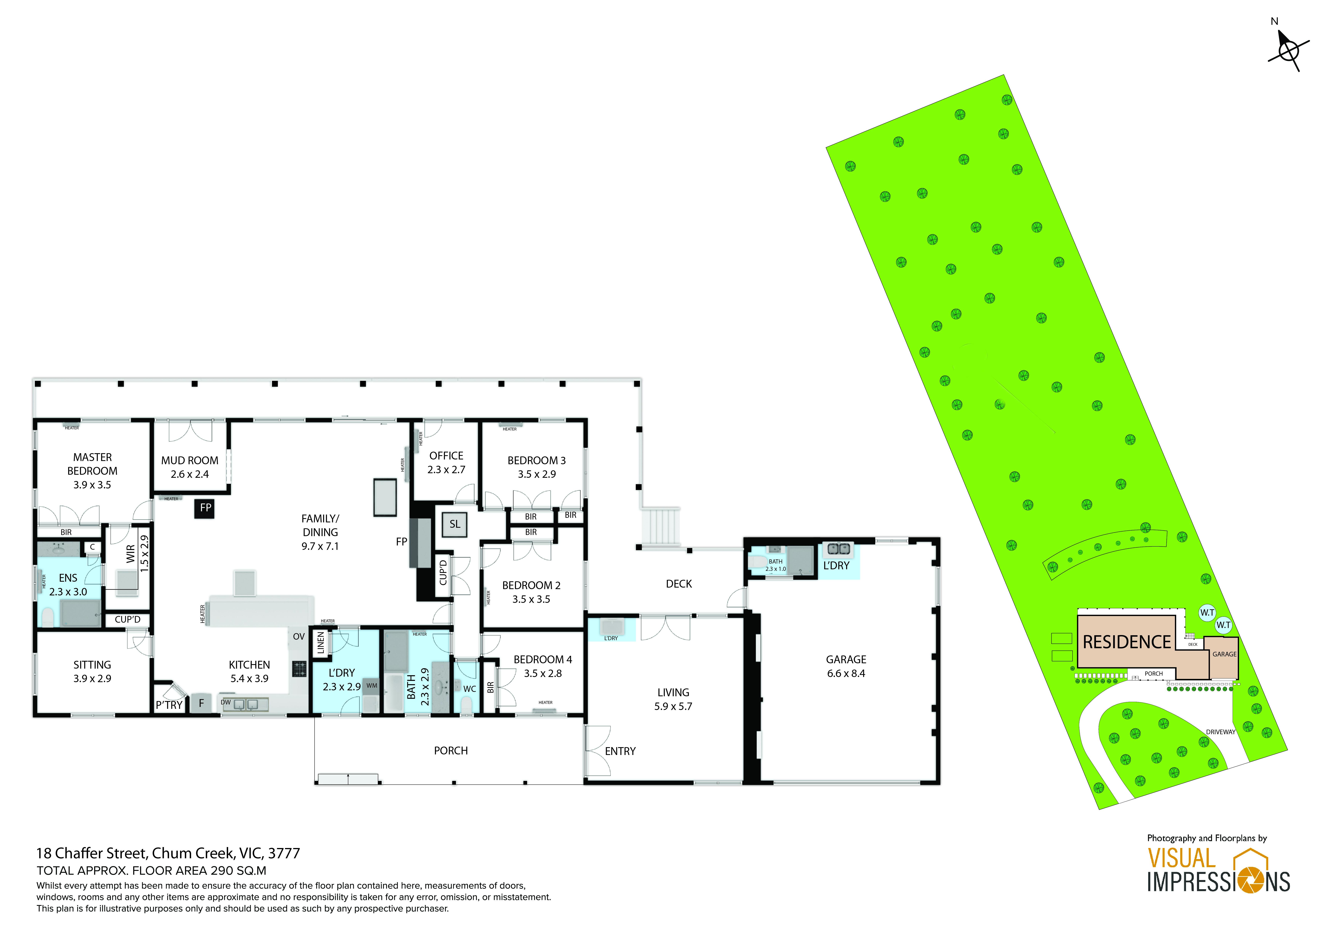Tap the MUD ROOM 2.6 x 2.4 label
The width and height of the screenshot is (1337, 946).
pos(190,467)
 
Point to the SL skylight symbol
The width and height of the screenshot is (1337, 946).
pos(455,524)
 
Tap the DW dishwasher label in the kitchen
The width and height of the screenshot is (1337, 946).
pos(225,703)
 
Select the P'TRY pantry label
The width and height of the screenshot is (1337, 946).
pos(169,705)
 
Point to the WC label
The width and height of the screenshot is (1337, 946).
pos(469,689)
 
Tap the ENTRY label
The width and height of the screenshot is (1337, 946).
pos(620,751)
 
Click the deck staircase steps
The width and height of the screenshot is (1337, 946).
pos(660,526)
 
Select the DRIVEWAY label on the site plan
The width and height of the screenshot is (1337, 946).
pos(1221,732)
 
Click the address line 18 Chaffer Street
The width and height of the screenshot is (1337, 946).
pos(168,853)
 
